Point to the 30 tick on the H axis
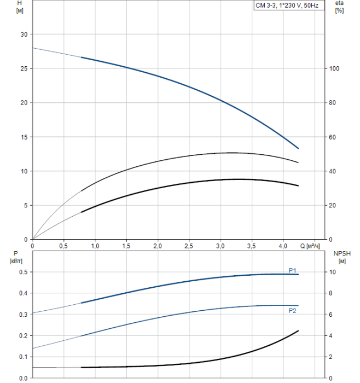click(x=24, y=34)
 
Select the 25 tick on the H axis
click(x=24, y=69)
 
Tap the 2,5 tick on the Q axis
click(x=189, y=247)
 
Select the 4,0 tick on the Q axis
click(x=283, y=247)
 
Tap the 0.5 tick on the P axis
click(x=22, y=272)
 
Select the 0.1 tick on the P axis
click(x=22, y=357)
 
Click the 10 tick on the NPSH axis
click(x=332, y=272)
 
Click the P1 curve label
click(x=293, y=270)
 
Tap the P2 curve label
click(x=293, y=311)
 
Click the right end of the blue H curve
click(x=298, y=148)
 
